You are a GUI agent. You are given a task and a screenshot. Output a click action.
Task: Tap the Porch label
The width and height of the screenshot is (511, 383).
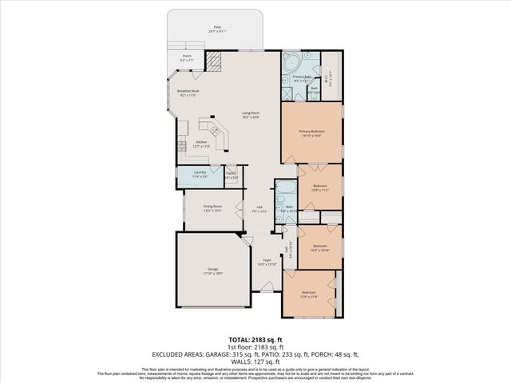pos(187,57)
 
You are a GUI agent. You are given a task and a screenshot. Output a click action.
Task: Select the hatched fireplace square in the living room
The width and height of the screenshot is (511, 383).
pos(213,62)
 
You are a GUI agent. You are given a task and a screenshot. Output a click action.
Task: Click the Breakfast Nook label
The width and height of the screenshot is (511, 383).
pos(188,93)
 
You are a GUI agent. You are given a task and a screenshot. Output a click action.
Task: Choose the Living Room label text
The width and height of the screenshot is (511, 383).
pos(251,114)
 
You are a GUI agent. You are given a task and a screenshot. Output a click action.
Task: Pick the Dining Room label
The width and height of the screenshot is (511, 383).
pos(212,208)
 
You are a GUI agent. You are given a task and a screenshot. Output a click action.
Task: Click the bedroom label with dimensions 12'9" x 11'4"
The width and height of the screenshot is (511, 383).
pos(309,294)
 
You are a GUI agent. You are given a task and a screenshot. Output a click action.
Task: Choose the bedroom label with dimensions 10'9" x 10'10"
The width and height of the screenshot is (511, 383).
pos(320,247)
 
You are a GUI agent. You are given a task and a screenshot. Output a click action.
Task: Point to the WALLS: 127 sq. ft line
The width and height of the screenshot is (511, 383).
pos(255,361)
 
